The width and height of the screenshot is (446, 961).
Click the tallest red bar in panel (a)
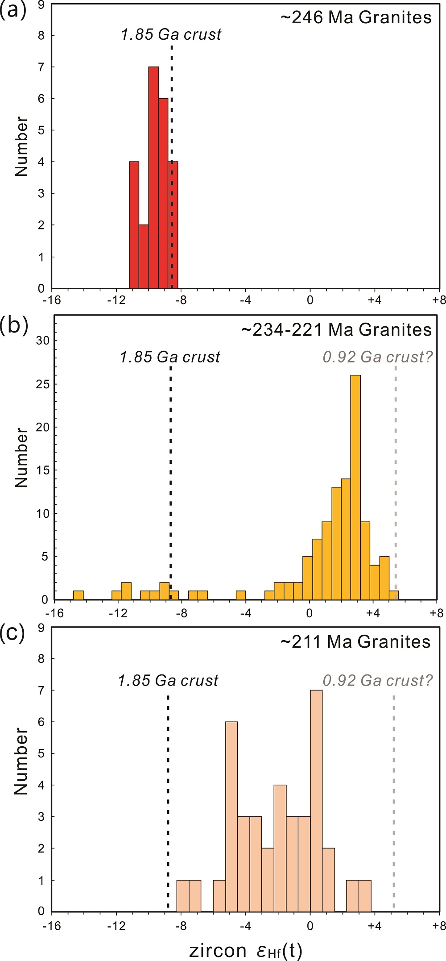(x=153, y=179)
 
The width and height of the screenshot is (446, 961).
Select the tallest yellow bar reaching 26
(x=355, y=487)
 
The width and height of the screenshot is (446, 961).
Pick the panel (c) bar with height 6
(x=231, y=817)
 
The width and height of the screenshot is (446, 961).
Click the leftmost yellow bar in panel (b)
(x=78, y=595)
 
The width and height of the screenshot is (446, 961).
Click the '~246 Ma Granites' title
(x=356, y=17)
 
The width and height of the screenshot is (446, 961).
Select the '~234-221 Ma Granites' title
(x=336, y=330)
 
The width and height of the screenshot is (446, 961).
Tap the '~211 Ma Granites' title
(x=355, y=642)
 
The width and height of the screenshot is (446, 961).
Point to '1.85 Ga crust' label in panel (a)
(x=171, y=34)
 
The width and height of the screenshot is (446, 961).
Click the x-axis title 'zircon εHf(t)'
(x=246, y=950)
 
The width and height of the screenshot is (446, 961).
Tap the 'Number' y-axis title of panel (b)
(x=21, y=458)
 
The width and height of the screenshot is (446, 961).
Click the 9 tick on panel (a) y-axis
(x=41, y=4)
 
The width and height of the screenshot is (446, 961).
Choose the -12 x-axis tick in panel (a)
(x=116, y=300)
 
